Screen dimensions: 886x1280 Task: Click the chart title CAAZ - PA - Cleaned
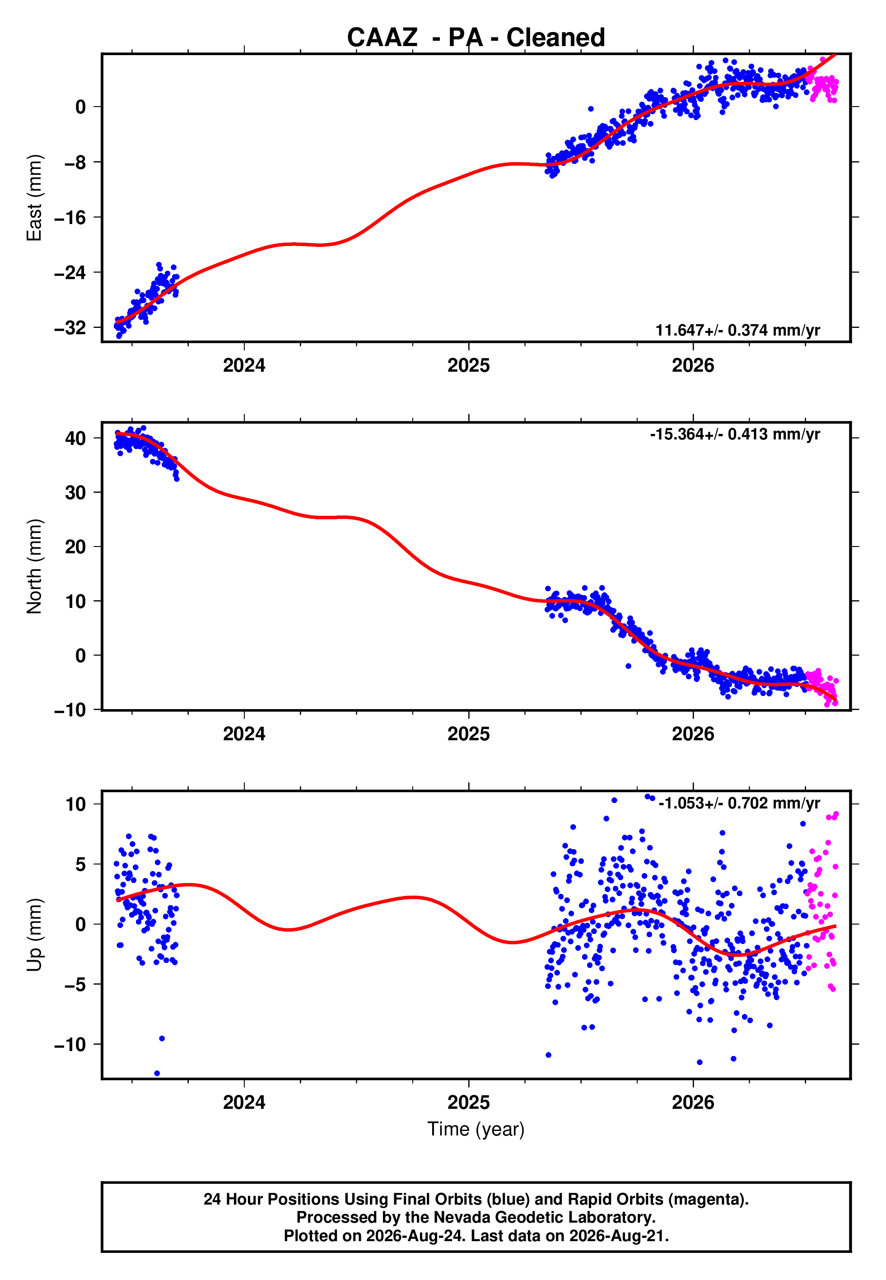(476, 38)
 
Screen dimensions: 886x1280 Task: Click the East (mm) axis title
(34, 198)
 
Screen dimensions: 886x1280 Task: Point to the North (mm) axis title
(34, 566)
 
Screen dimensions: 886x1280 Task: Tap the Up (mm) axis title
(34, 935)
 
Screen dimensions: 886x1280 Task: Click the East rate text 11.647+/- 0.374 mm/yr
(738, 330)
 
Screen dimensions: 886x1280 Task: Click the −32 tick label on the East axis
(70, 328)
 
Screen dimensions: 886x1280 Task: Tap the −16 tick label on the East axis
(70, 218)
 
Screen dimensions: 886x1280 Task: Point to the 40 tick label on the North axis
(75, 439)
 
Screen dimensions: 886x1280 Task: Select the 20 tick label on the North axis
(75, 547)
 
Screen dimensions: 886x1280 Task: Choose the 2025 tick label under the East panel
(469, 365)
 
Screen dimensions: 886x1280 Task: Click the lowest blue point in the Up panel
(157, 1074)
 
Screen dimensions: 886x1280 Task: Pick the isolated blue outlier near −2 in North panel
(629, 666)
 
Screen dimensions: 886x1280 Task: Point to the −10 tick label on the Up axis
(70, 1045)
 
